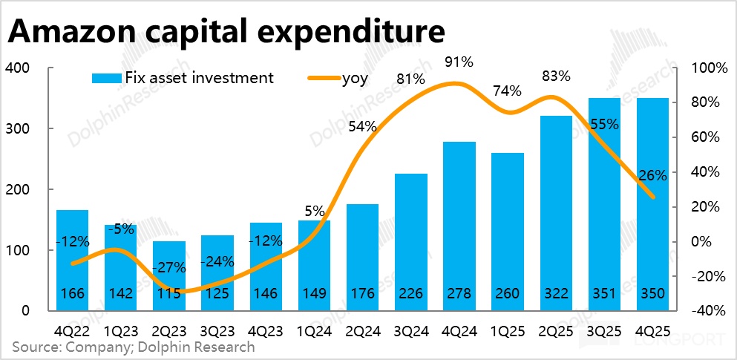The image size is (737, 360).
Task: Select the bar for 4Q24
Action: pyautogui.click(x=459, y=223)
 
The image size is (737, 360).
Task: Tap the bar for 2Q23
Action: pyautogui.click(x=169, y=275)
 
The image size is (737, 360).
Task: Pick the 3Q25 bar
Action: pyautogui.click(x=604, y=200)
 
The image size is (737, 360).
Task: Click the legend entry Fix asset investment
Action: pyautogui.click(x=183, y=77)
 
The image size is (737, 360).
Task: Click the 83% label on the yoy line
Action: pyautogui.click(x=556, y=76)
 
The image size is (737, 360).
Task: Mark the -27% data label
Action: pyautogui.click(x=169, y=266)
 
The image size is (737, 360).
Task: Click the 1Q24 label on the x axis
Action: pyautogui.click(x=314, y=328)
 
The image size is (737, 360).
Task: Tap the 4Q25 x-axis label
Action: pyautogui.click(x=652, y=328)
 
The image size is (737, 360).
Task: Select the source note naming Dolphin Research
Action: pyautogui.click(x=134, y=347)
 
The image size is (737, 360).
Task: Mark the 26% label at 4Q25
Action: pyautogui.click(x=652, y=176)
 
